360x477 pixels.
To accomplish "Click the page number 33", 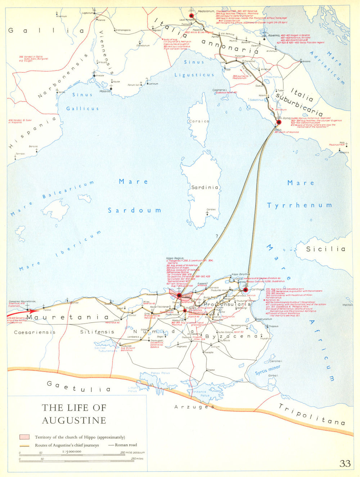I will (345, 463).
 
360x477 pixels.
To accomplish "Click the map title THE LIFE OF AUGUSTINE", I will (74, 414).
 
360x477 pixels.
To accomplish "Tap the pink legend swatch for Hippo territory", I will (24, 437).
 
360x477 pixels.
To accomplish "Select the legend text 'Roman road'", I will (126, 445).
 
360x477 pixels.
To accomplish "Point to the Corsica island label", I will (199, 121).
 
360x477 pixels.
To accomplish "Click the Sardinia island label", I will (204, 187).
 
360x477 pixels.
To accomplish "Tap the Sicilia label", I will (325, 249).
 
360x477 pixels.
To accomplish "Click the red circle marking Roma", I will (279, 122).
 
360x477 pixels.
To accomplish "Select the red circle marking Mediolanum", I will (192, 15).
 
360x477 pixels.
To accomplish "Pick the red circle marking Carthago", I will (246, 289).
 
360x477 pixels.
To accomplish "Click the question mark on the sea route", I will (217, 236).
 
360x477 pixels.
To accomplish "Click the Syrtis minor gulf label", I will (267, 370).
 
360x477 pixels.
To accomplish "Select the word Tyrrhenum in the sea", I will (299, 205).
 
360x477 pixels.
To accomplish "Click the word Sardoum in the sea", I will (134, 210).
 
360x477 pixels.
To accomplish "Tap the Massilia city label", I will (105, 91).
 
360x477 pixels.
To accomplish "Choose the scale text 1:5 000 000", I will (72, 451).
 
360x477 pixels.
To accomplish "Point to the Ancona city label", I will (306, 62).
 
